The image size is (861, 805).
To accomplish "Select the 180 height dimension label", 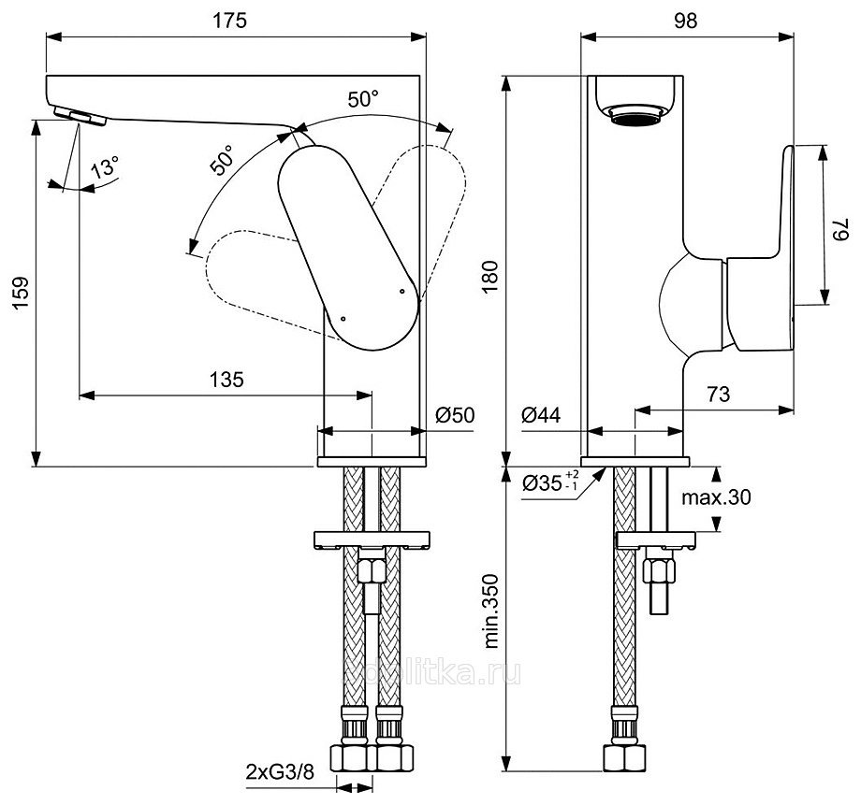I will [x=490, y=278].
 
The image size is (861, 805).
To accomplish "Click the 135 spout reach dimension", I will [x=226, y=379].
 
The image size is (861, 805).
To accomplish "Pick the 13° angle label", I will [x=106, y=169].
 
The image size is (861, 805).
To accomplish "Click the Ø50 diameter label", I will [x=456, y=415].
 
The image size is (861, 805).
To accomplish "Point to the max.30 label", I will [x=716, y=497].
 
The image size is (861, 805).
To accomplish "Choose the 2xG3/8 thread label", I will [x=278, y=771].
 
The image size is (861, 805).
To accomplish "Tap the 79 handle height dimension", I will [x=842, y=224].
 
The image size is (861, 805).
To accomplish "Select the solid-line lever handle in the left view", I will [x=346, y=248].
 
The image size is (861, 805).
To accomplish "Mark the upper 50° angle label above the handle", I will [x=365, y=99].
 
